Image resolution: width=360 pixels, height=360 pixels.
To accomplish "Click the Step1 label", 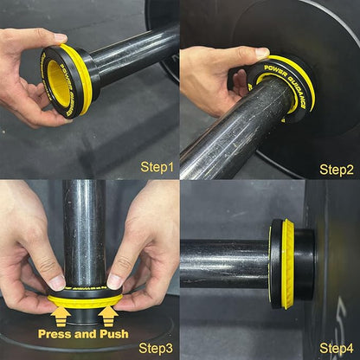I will (157, 165).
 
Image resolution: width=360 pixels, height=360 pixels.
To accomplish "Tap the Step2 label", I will (336, 169).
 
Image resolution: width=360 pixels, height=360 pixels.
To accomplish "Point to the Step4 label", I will (336, 348).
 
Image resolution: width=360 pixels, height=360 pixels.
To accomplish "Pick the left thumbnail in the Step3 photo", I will (55, 282).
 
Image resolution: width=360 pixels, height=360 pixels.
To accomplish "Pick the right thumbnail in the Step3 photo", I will (114, 281).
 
